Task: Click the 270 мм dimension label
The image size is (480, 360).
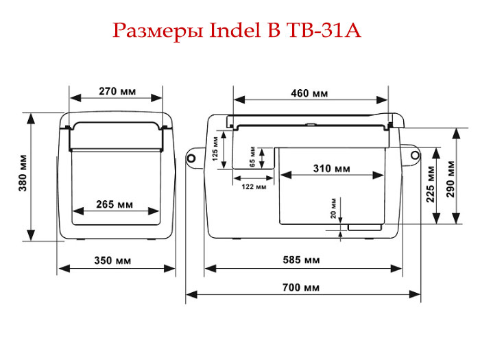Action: tap(117, 91)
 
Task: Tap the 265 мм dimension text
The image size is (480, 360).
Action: tap(116, 205)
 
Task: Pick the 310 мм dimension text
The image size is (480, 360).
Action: tap(331, 168)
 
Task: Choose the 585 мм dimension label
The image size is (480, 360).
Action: tap(301, 260)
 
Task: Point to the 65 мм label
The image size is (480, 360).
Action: tap(252, 156)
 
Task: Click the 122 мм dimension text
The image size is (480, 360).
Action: tap(254, 187)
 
